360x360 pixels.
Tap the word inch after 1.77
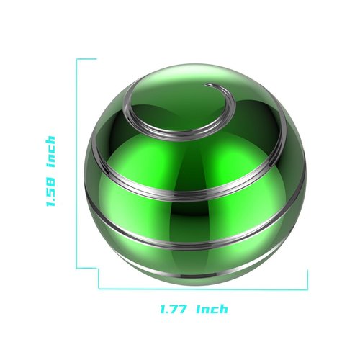click(212, 309)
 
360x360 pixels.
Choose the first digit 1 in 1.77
click(163, 309)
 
